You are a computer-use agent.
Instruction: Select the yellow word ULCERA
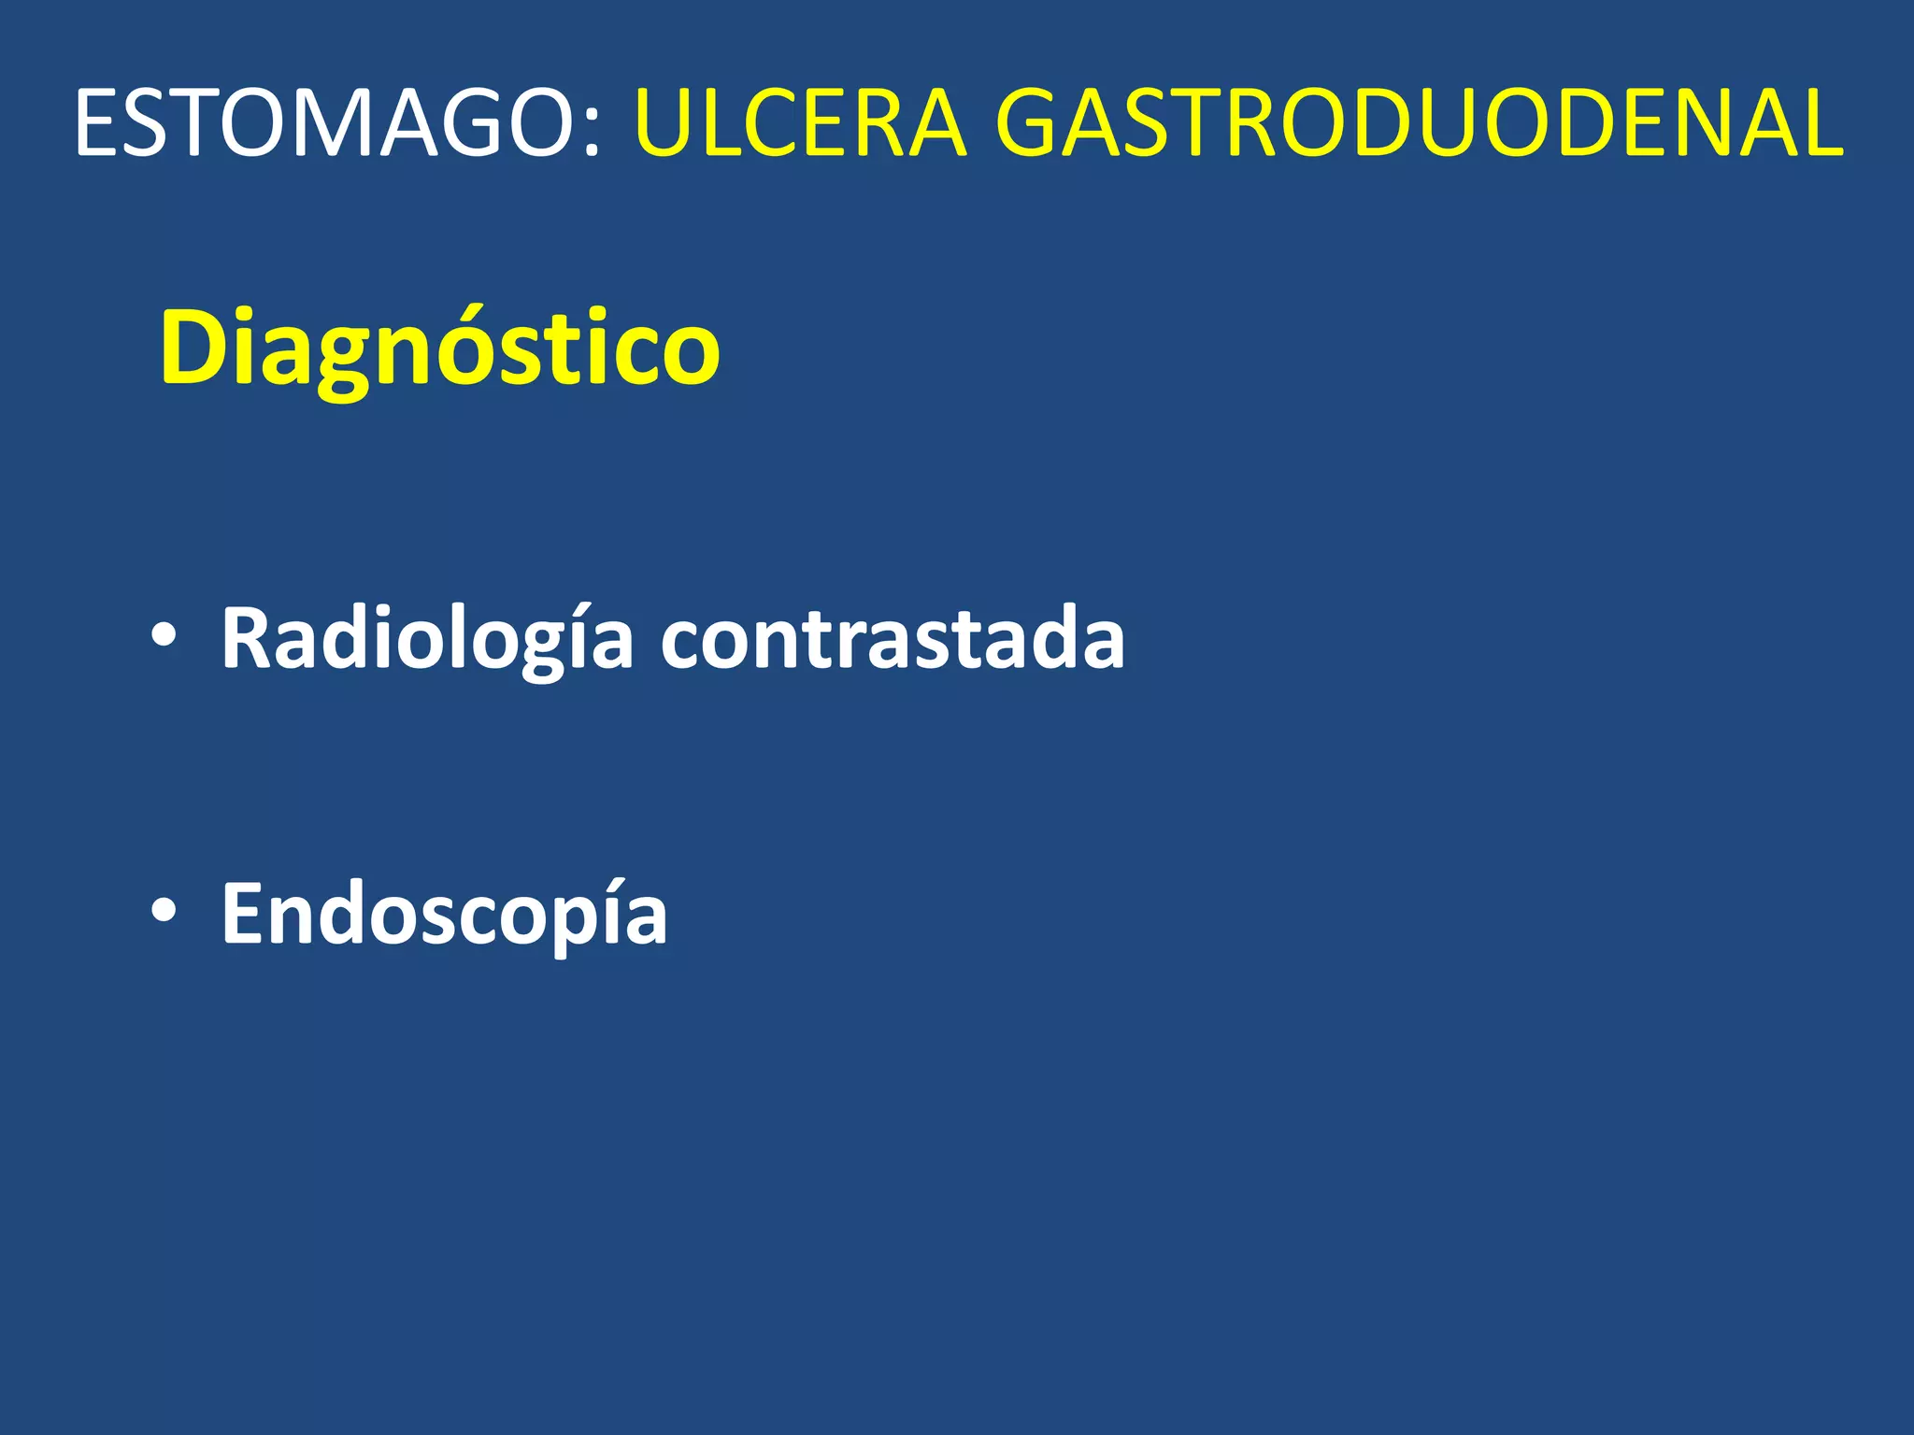[x=800, y=123]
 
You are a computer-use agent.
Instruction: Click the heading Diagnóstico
[x=439, y=348]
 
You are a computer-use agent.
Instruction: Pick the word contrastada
[x=893, y=639]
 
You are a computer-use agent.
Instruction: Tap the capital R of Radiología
[x=247, y=637]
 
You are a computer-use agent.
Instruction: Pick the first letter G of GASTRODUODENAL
[x=1032, y=123]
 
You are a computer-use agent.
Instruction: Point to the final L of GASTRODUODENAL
[x=1821, y=123]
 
